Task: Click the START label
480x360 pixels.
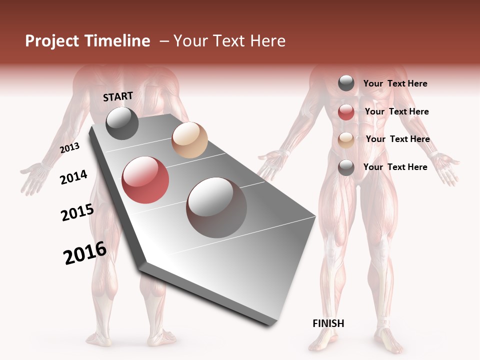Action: (118, 96)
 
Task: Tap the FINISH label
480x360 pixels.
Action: (328, 323)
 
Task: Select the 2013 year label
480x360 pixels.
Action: (70, 148)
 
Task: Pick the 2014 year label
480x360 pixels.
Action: (74, 177)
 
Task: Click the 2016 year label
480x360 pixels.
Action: (85, 253)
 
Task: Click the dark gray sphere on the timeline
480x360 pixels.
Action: (122, 123)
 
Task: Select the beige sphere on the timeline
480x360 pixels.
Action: (189, 140)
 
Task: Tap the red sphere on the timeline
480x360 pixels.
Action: (145, 180)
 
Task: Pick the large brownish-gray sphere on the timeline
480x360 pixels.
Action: (216, 207)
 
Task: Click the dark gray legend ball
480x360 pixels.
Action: (346, 83)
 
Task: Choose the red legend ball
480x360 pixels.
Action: (346, 112)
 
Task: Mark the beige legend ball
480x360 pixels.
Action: (346, 140)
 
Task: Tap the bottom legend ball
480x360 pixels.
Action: (346, 167)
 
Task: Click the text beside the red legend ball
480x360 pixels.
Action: (396, 111)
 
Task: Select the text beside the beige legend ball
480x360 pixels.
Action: (397, 139)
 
